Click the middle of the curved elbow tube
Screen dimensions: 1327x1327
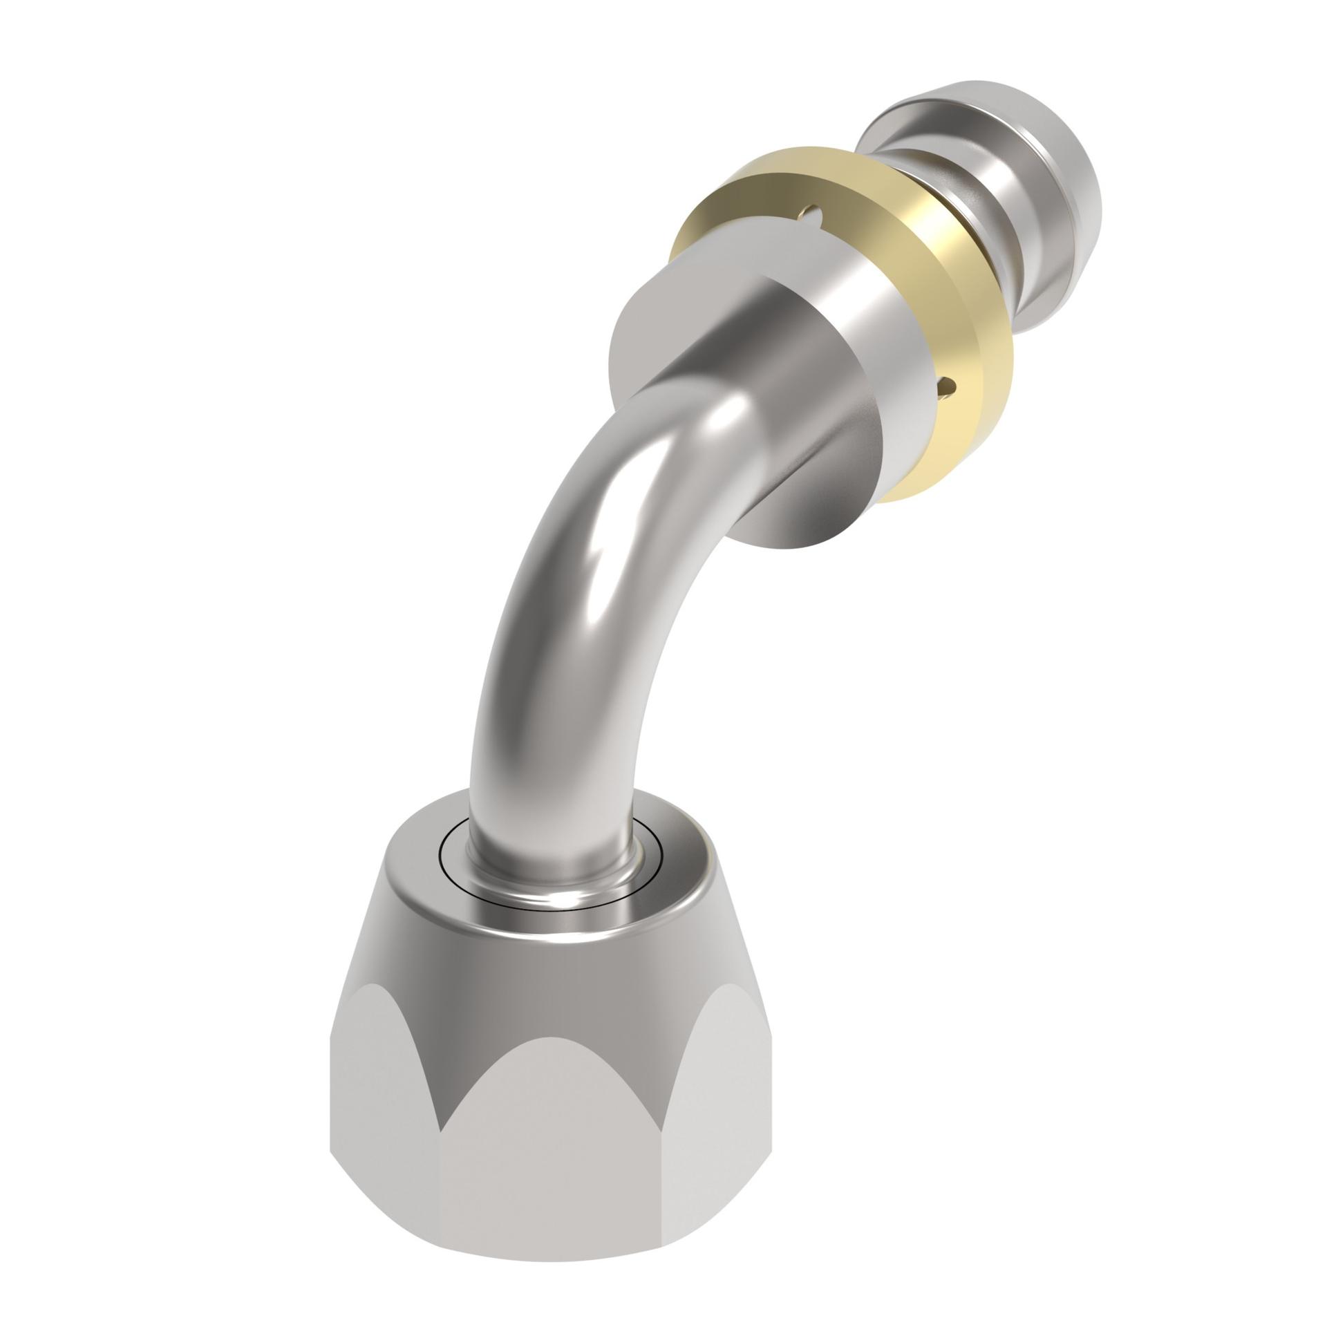pyautogui.click(x=574, y=587)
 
